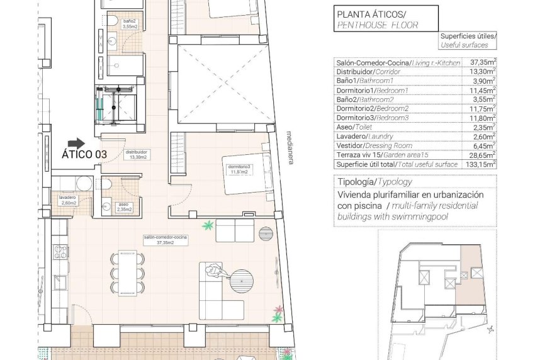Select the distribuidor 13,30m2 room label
pos(137,155)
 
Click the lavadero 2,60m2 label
pos(68,201)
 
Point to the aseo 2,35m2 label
pos(123,208)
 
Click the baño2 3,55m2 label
pos(130,25)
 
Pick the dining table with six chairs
pos(125,273)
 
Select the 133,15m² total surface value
pos(481,163)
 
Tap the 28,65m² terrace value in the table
pos(483,154)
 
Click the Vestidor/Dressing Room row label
pos(374,145)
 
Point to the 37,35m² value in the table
pos(483,63)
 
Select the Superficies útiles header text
pos(468,37)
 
